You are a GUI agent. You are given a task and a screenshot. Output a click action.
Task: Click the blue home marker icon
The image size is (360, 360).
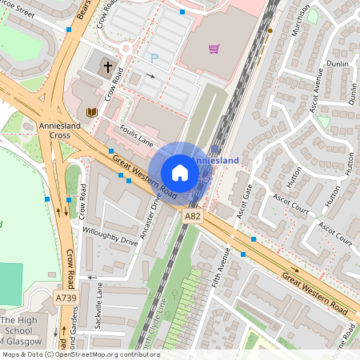coord(179,173)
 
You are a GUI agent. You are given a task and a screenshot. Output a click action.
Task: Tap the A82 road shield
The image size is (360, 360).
coord(192,216)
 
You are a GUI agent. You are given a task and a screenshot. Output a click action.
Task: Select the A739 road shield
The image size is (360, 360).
coord(66,298)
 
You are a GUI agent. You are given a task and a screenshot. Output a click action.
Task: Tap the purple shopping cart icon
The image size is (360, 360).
coord(214,49)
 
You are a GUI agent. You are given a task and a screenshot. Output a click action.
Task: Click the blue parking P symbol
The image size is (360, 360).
coord(154,58)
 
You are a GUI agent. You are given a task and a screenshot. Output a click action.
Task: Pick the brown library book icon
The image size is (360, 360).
coord(91,112)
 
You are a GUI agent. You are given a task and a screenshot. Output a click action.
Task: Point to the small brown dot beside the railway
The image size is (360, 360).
coord(270,30)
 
